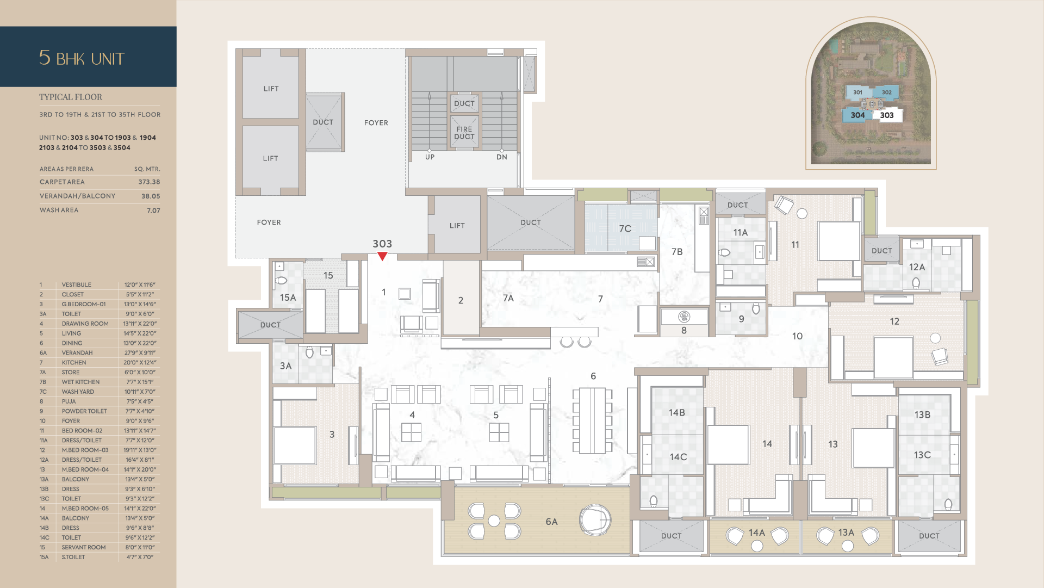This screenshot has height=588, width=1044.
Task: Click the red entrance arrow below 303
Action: (x=382, y=256)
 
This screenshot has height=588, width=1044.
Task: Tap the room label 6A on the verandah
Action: (x=551, y=522)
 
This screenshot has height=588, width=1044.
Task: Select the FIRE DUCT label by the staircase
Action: (x=464, y=133)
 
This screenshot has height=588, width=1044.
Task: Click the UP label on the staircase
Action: (x=430, y=157)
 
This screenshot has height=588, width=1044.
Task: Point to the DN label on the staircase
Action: (x=501, y=157)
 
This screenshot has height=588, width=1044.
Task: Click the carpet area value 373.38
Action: (x=149, y=182)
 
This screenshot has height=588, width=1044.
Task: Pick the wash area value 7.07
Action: (x=153, y=211)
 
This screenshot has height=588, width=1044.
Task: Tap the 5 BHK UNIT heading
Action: (x=82, y=58)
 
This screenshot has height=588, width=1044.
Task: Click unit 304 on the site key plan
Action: (x=857, y=115)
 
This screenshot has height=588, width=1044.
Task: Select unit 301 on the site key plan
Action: (x=857, y=92)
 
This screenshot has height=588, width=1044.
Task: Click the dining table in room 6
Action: (x=592, y=420)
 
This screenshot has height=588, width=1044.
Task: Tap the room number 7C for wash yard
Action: (x=625, y=229)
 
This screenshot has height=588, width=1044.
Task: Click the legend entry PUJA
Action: (x=69, y=401)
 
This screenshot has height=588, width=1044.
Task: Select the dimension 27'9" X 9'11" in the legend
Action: (x=140, y=353)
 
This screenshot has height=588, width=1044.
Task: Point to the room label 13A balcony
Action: (x=846, y=533)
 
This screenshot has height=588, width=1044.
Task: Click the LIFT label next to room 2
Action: (x=457, y=226)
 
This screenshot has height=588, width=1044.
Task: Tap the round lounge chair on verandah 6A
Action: (x=595, y=519)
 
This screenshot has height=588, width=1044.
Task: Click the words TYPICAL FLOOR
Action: (x=71, y=97)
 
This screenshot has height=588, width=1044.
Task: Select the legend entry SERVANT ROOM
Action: (x=84, y=547)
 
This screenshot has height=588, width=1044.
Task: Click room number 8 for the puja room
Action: (x=684, y=330)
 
